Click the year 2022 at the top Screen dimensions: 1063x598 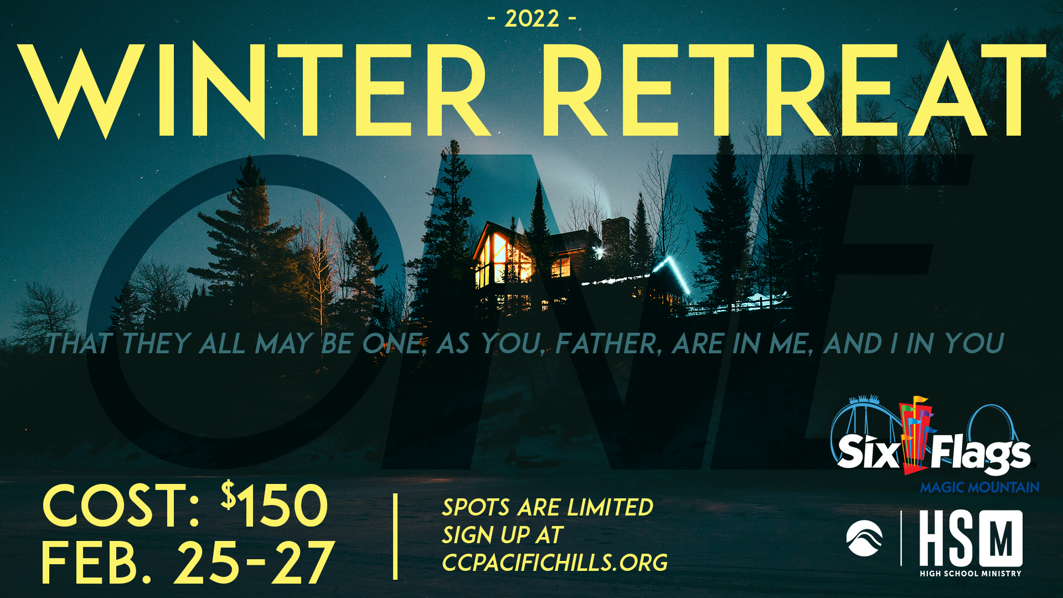click(532, 19)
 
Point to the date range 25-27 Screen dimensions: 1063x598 click(255, 563)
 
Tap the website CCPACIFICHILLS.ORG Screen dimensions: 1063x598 click(555, 563)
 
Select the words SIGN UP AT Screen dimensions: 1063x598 click(503, 535)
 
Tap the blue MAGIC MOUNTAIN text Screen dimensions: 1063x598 click(979, 487)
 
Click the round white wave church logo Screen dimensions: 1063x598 click(864, 538)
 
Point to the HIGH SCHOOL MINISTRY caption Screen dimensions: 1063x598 click(971, 574)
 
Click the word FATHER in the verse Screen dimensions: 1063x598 click(608, 343)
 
